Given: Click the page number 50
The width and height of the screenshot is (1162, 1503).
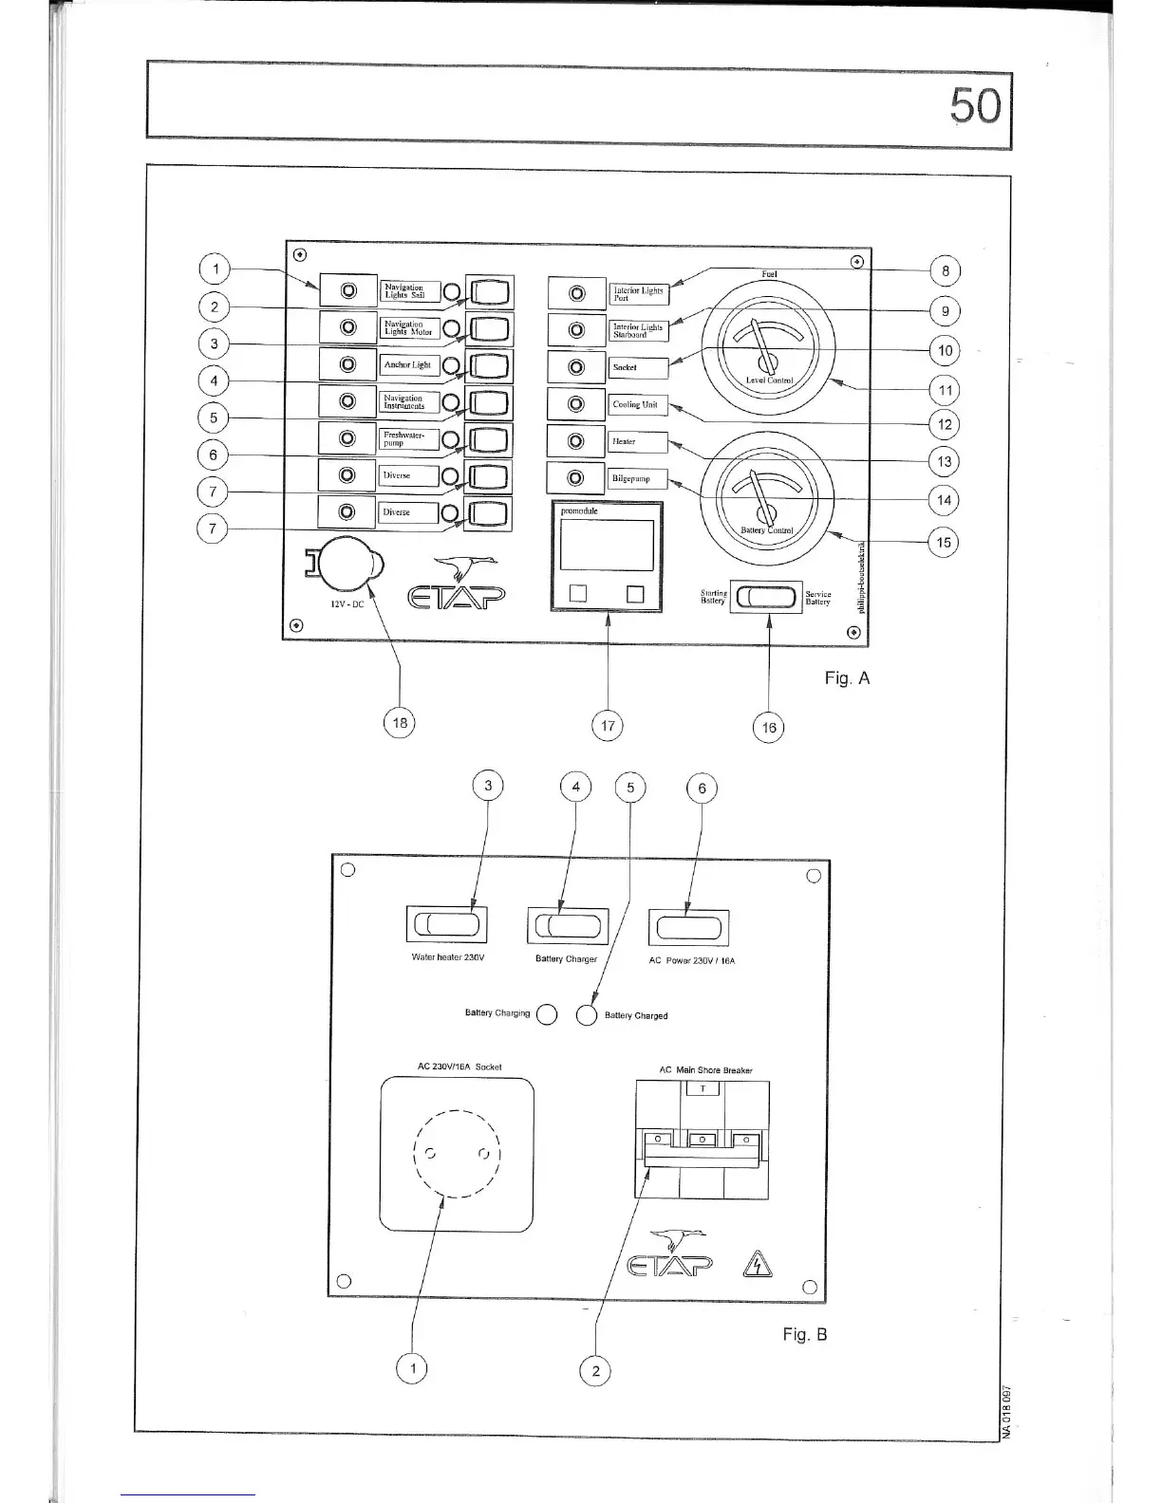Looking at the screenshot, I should pos(976,106).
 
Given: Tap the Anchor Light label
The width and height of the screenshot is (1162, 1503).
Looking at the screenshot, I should pos(408,365).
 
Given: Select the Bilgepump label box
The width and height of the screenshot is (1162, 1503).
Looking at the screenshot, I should pos(638,479).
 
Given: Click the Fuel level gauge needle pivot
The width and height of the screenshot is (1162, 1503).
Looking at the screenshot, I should pos(769,362).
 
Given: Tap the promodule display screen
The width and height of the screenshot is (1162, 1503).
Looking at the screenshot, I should pos(607,545).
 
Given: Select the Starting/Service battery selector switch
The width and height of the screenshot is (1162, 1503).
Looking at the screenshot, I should pos(767,597).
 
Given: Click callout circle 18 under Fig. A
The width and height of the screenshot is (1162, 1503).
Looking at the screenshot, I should pos(400,723).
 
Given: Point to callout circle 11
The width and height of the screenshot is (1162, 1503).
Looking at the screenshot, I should pos(945,390).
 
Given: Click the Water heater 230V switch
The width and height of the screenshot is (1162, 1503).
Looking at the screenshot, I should pos(447,925).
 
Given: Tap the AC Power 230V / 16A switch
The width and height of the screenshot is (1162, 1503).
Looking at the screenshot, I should pos(690,927).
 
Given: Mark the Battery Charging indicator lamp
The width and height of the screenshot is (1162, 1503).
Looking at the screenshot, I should pos(547,1014).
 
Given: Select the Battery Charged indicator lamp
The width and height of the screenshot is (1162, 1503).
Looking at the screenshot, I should pos(587,1015).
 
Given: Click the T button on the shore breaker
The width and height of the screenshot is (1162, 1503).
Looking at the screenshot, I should pos(703,1089).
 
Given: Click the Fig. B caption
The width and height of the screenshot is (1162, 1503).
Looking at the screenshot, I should pos(804,1334).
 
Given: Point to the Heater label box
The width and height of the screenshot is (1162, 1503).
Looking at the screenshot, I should pos(638,442).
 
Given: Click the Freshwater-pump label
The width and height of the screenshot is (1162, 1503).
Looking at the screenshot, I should pos(408,438).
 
